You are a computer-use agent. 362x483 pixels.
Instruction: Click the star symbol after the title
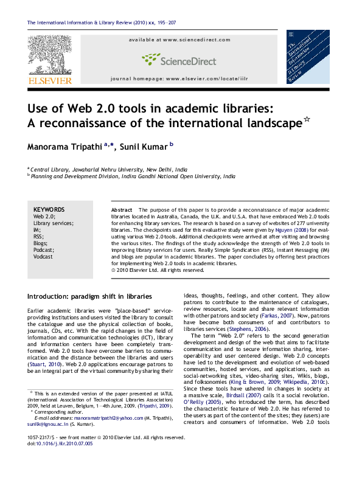coord(308,122)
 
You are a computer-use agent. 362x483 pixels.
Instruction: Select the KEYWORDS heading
coord(49,209)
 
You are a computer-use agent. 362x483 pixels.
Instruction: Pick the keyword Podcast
coord(44,249)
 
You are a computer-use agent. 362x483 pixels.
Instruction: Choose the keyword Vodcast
coord(43,257)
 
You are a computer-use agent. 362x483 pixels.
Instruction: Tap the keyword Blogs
coord(41,243)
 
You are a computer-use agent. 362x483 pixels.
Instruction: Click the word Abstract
coord(122,209)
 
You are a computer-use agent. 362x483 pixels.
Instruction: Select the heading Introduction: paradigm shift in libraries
coord(89,296)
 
